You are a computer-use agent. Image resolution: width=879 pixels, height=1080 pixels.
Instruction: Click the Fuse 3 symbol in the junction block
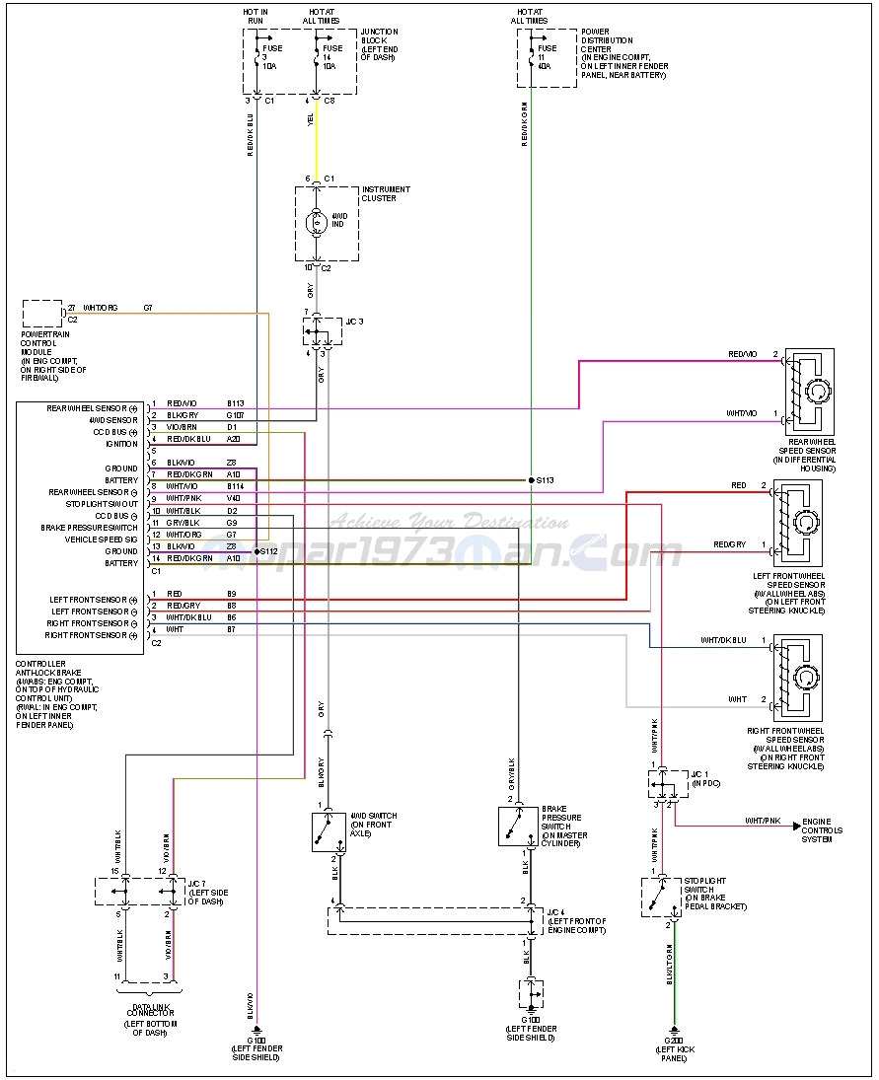tap(257, 55)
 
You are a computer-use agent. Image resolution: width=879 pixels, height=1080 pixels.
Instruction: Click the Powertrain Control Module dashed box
tap(42, 314)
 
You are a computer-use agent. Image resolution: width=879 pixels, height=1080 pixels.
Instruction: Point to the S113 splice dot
tap(530, 480)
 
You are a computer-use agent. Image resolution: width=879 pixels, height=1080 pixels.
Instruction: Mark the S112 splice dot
tap(256, 551)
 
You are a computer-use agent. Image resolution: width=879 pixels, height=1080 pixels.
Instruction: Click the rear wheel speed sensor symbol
tap(810, 392)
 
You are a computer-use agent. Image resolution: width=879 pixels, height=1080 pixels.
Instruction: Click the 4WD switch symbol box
tap(329, 830)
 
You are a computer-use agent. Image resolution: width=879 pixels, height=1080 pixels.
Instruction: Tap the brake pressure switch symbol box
tap(518, 827)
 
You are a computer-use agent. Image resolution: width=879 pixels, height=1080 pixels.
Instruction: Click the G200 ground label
tap(676, 1042)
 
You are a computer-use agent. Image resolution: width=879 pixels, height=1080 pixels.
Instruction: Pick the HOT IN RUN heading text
tap(256, 16)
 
